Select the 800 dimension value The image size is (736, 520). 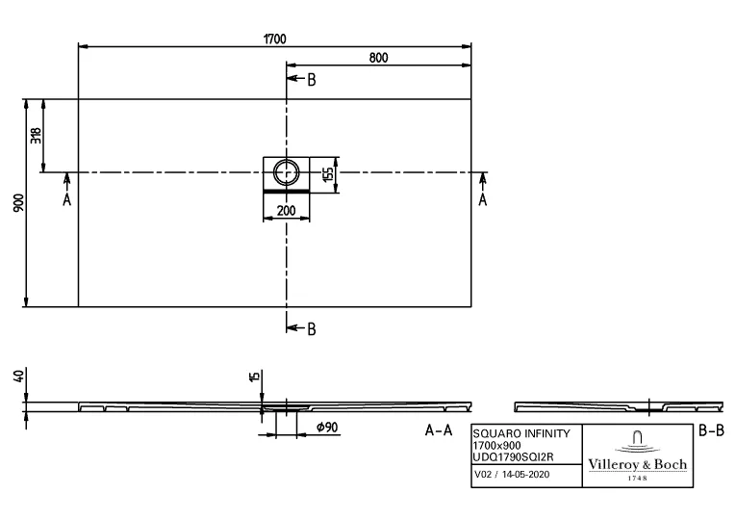(378, 58)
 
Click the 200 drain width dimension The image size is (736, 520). (286, 210)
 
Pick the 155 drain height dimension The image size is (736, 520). (328, 174)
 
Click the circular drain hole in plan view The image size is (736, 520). (286, 172)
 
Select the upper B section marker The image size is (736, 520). (310, 80)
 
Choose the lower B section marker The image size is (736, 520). (310, 330)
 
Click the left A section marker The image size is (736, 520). (66, 199)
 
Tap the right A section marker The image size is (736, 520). (482, 199)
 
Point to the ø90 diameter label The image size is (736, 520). (324, 426)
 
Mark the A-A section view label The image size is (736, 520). (439, 431)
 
